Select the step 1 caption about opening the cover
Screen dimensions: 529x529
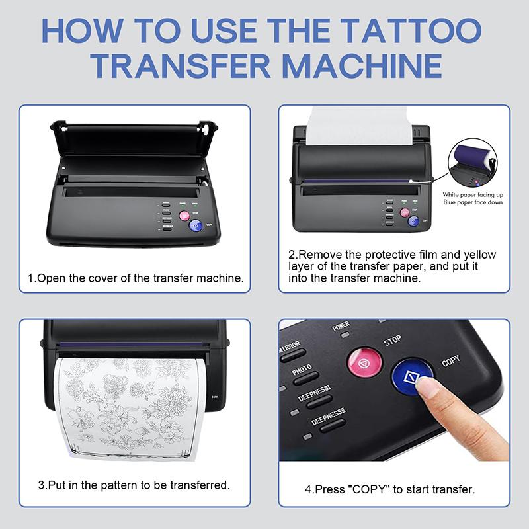[135, 278]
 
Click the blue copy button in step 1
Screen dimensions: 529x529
[196, 225]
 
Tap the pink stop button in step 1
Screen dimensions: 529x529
[184, 216]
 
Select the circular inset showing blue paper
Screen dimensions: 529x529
[473, 165]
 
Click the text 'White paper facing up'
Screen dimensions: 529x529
[473, 194]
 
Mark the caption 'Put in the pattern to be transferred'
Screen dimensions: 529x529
[134, 485]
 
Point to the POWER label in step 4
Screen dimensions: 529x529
[341, 326]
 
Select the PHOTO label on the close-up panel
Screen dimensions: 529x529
[302, 370]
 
